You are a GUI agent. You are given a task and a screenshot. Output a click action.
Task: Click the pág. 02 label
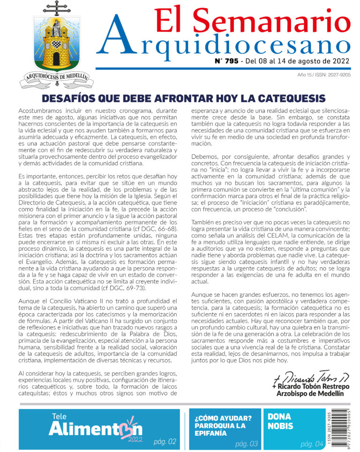[165, 441]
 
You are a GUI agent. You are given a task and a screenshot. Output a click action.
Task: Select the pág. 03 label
[247, 444]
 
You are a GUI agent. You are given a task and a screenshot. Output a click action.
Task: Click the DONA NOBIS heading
[280, 422]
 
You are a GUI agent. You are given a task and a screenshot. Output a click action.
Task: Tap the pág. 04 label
[312, 444]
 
